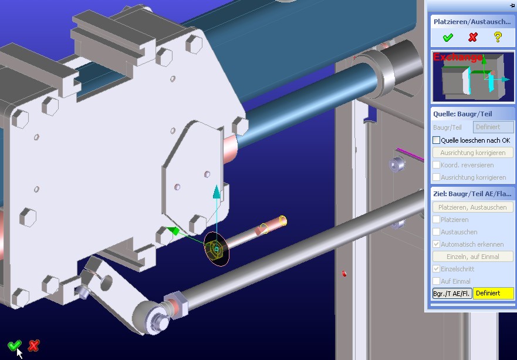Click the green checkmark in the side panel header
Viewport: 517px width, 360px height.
[x=448, y=37]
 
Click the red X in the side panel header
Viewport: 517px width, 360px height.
[x=473, y=37]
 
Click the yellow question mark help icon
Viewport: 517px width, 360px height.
[x=498, y=37]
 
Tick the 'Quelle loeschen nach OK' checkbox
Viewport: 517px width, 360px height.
[x=436, y=140]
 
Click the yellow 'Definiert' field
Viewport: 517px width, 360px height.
[x=494, y=294]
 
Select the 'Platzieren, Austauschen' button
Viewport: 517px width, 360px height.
[x=472, y=207]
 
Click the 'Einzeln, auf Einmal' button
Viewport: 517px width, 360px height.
[x=472, y=257]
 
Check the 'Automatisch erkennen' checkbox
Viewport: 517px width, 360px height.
[x=436, y=244]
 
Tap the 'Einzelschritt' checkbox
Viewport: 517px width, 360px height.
[x=436, y=269]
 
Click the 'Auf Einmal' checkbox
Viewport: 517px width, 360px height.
[x=436, y=281]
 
